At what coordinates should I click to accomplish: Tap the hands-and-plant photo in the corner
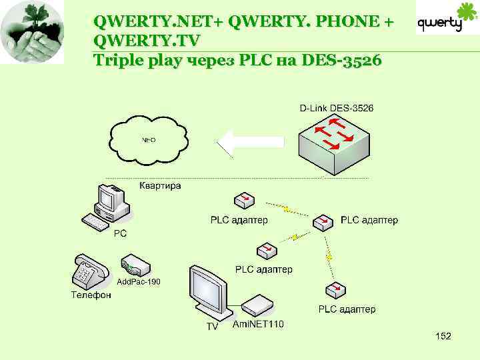pyautogui.click(x=32, y=32)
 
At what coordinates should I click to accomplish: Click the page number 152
pyautogui.click(x=443, y=337)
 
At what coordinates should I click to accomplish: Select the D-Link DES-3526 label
pyautogui.click(x=335, y=108)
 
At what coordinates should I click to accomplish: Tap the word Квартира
pyautogui.click(x=160, y=186)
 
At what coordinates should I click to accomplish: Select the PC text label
pyautogui.click(x=120, y=234)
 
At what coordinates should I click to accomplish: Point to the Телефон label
pyautogui.click(x=91, y=295)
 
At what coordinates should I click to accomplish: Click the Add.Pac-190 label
pyautogui.click(x=139, y=282)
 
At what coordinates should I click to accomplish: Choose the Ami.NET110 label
pyautogui.click(x=258, y=325)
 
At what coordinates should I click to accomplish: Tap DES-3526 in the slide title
pyautogui.click(x=341, y=61)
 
